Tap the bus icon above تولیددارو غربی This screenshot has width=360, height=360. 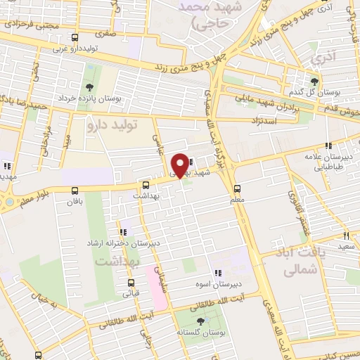pos(75,37)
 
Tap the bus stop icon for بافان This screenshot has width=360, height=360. pos(75,191)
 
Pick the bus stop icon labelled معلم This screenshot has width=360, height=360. pos(237,188)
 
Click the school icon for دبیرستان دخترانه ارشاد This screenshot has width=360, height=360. pos(123,232)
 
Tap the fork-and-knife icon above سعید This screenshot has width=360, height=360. pos(346,236)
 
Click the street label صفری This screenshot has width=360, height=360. pos(108,32)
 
